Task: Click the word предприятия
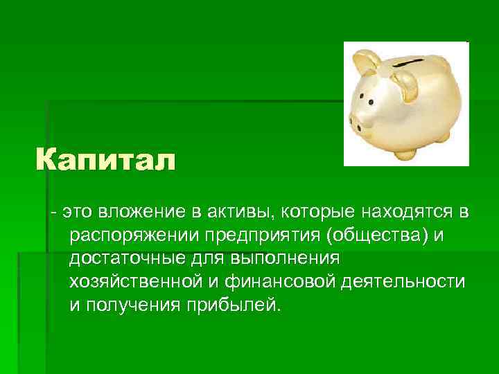coord(266,235)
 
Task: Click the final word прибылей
coord(231,305)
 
